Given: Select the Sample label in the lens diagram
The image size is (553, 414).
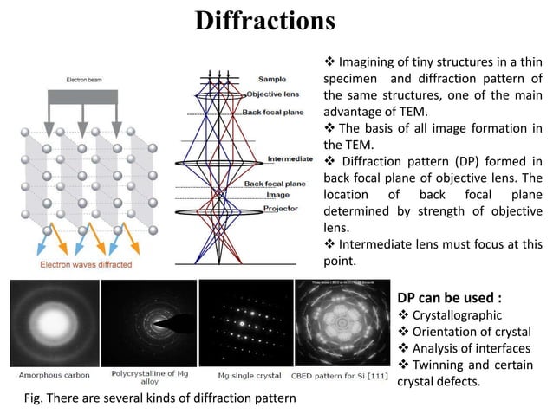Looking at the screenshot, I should pos(271,79).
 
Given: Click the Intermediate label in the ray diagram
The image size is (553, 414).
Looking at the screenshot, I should pos(290,158).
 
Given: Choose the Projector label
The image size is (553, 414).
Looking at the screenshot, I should pos(281,209).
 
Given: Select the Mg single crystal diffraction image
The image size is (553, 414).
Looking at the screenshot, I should pos(245,326).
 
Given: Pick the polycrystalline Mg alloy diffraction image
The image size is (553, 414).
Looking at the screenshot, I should pos(149,326).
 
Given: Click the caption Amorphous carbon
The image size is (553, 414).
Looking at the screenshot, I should pos(54,376).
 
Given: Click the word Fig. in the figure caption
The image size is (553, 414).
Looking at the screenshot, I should pos(37,398).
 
